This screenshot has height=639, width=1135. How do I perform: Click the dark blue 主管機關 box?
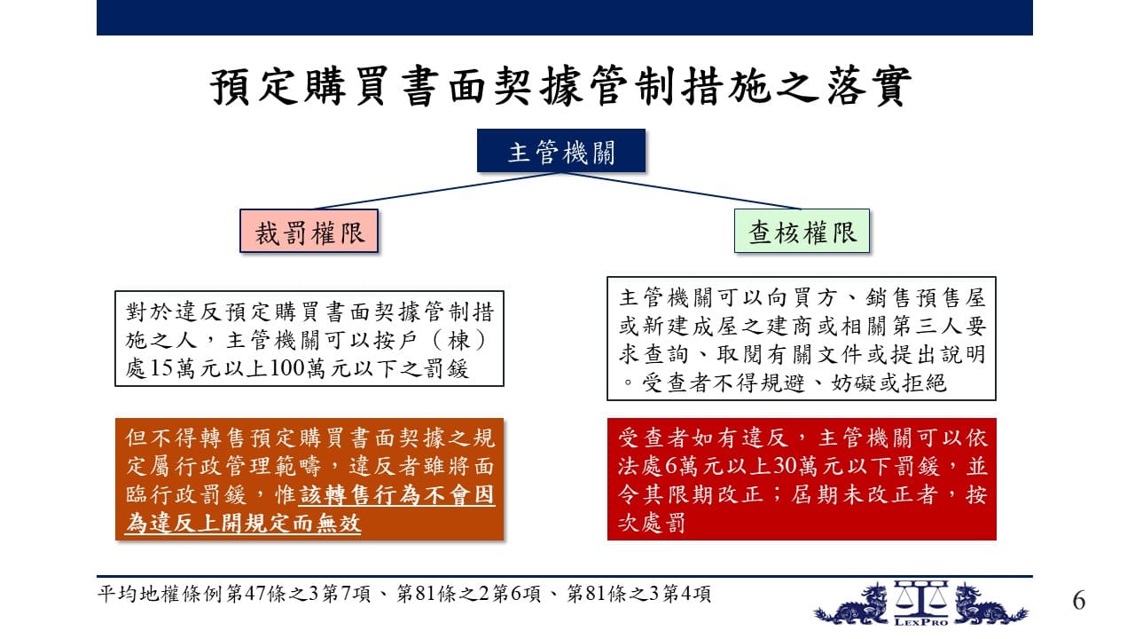(561, 151)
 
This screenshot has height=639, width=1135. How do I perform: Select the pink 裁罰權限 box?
(309, 232)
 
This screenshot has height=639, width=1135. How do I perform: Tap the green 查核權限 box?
(802, 231)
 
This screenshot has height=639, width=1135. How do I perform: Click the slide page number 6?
(1079, 601)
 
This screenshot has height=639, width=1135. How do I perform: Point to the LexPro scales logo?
(920, 603)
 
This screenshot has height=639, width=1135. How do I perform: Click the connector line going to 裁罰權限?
(437, 191)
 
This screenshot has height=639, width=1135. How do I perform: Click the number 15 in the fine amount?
(161, 368)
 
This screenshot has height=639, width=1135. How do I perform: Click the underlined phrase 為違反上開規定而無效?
(243, 523)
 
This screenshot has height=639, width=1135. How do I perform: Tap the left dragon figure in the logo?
(854, 605)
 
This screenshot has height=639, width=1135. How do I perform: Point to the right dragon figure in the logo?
(990, 605)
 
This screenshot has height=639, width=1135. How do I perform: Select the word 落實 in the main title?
(868, 86)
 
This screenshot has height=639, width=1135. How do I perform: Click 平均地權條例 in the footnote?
(161, 594)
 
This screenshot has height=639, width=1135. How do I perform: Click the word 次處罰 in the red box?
(651, 523)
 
